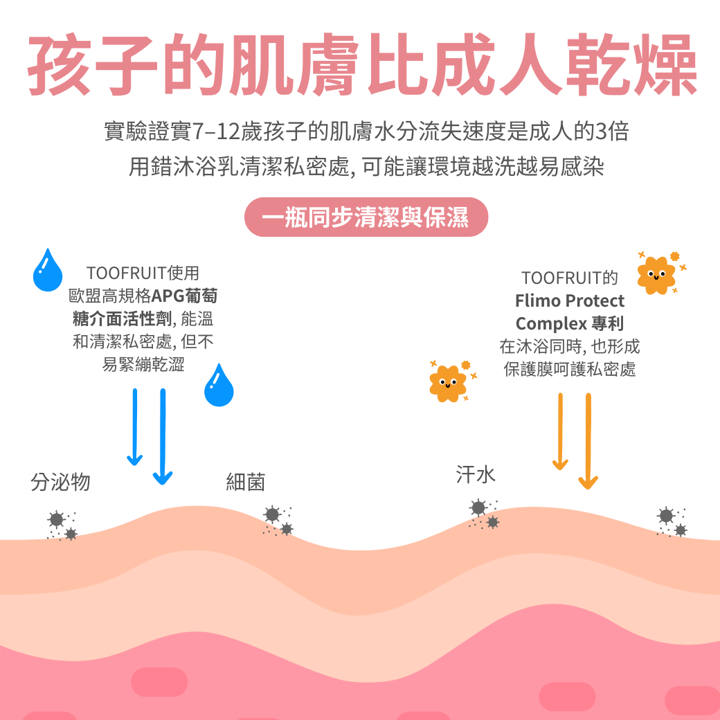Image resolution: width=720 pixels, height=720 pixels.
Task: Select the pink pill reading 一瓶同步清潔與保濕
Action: (x=366, y=218)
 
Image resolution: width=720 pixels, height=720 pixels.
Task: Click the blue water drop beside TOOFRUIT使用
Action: (x=47, y=270)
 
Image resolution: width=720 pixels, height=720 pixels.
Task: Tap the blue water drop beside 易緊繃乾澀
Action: (x=219, y=385)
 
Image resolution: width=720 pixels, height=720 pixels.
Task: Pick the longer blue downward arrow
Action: (x=163, y=437)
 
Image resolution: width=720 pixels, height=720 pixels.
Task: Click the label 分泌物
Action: (x=60, y=482)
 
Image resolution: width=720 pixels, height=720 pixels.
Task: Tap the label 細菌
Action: (x=246, y=482)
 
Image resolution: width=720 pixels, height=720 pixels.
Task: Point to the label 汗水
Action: (x=476, y=474)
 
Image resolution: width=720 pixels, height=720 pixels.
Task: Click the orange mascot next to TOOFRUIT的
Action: (x=656, y=275)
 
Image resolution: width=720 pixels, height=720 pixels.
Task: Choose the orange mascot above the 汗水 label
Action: (x=447, y=383)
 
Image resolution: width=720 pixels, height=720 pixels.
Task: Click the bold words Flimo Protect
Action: (x=570, y=301)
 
